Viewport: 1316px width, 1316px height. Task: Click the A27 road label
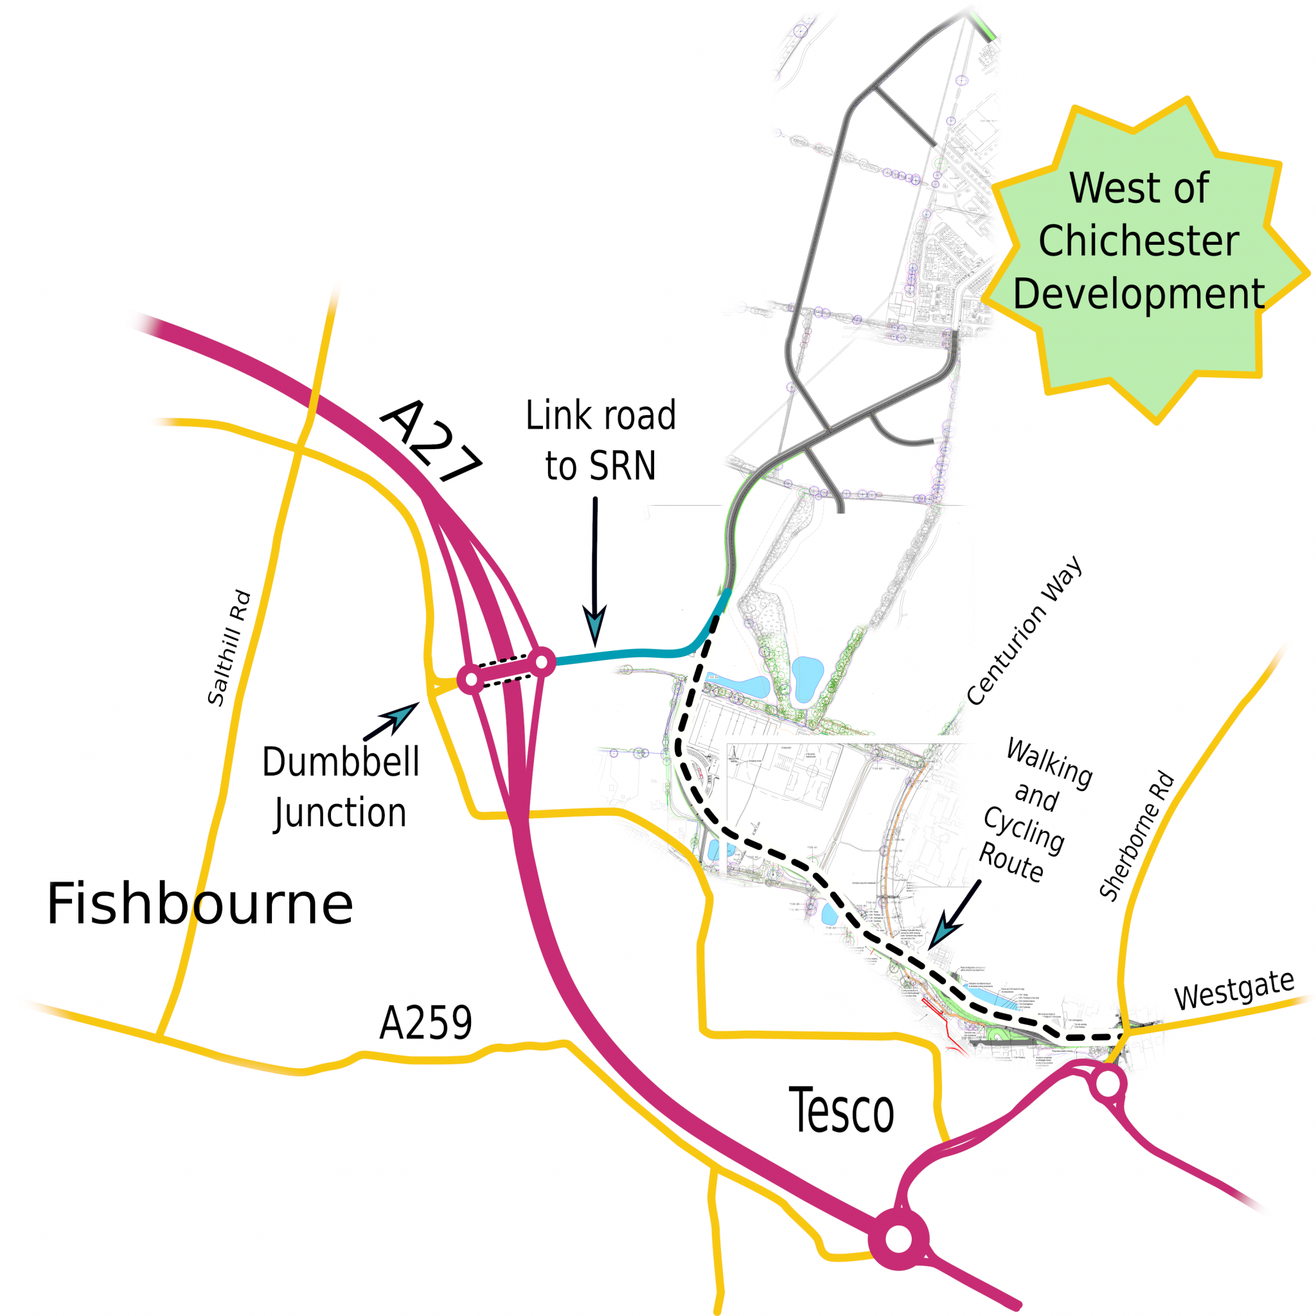[431, 441]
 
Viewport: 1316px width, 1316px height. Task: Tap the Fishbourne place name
[200, 905]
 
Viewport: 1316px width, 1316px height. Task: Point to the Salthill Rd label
[229, 648]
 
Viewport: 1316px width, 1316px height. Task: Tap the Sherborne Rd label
[1137, 837]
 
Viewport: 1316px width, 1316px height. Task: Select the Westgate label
[1234, 990]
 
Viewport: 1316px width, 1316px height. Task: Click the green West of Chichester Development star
[1144, 259]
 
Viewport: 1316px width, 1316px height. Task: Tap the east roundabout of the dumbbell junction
[542, 661]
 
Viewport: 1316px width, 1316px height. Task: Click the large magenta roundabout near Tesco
[898, 1239]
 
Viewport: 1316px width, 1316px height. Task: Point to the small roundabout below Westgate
[1108, 1083]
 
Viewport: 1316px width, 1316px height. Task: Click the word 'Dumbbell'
[341, 762]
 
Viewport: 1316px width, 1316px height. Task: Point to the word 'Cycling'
[1024, 831]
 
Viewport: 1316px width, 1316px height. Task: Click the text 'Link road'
[601, 416]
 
